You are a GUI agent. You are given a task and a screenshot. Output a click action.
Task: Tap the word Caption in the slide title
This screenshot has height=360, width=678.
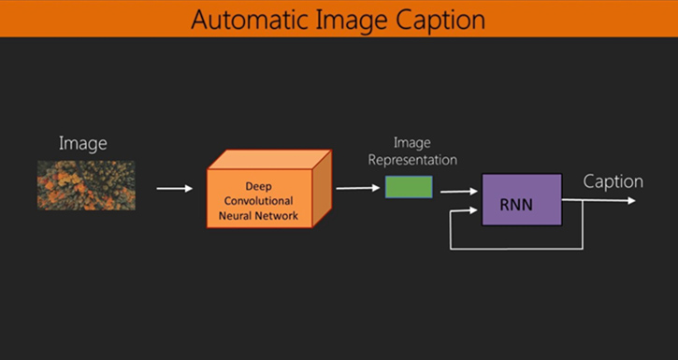pyautogui.click(x=440, y=19)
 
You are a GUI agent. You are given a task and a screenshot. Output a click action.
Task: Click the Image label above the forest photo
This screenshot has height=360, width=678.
pyautogui.click(x=83, y=143)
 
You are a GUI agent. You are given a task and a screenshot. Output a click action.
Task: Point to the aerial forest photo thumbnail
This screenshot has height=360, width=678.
pyautogui.click(x=86, y=185)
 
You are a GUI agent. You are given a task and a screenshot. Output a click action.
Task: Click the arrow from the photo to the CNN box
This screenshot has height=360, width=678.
pyautogui.click(x=174, y=189)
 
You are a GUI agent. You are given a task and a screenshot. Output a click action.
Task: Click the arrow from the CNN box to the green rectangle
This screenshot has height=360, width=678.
pyautogui.click(x=357, y=188)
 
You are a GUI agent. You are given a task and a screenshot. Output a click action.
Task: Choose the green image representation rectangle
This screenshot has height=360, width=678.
pyautogui.click(x=409, y=187)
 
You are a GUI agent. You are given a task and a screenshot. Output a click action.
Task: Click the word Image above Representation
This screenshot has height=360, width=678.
pyautogui.click(x=411, y=143)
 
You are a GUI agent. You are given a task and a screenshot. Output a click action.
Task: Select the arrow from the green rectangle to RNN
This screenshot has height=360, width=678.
pyautogui.click(x=458, y=192)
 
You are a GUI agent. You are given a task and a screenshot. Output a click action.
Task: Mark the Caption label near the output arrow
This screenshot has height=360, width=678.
pyautogui.click(x=613, y=181)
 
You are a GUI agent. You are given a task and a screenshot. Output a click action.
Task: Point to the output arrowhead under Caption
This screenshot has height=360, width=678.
pyautogui.click(x=640, y=200)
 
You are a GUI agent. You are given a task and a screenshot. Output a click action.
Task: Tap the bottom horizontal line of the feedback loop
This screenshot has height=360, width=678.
pyautogui.click(x=516, y=248)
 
